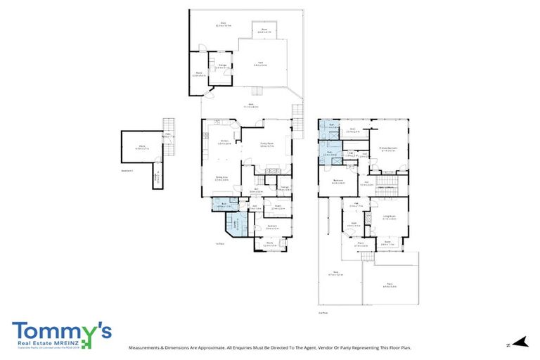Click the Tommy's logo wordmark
click(x=61, y=330)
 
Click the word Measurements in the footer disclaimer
click(x=148, y=347)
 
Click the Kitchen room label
click(x=224, y=143)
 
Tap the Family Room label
click(x=266, y=145)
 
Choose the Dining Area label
click(x=221, y=179)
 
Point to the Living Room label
click(x=390, y=217)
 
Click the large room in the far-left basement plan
click(x=141, y=148)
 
